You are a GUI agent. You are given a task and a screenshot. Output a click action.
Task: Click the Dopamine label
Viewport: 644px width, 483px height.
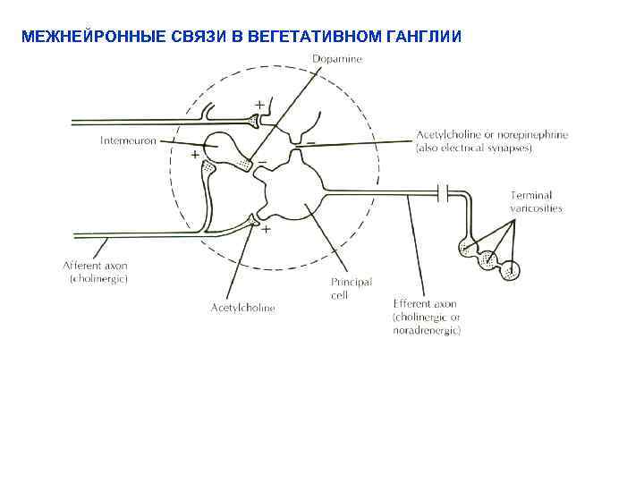pos(338,59)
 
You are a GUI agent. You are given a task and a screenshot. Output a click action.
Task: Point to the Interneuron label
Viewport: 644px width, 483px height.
pos(125,140)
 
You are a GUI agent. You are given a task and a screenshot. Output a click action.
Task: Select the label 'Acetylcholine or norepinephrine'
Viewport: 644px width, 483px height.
pos(492,135)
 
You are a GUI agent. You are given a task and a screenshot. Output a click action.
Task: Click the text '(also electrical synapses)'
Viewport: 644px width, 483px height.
pos(474,148)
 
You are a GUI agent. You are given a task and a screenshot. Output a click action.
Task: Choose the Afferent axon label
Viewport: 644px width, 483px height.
pos(96,266)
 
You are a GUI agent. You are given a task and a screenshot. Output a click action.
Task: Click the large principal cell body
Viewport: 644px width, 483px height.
pos(289,189)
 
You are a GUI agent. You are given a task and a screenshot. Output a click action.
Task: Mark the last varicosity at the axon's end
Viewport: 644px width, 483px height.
pos(511,270)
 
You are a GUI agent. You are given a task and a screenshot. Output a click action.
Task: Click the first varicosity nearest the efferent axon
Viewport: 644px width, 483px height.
pos(466,248)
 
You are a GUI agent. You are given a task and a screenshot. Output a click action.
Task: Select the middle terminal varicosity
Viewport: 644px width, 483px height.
pos(488,259)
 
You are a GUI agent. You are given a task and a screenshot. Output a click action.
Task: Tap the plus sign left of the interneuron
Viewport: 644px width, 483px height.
pos(195,154)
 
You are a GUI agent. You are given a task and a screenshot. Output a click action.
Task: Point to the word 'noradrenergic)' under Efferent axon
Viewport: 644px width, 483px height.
pos(427,331)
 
